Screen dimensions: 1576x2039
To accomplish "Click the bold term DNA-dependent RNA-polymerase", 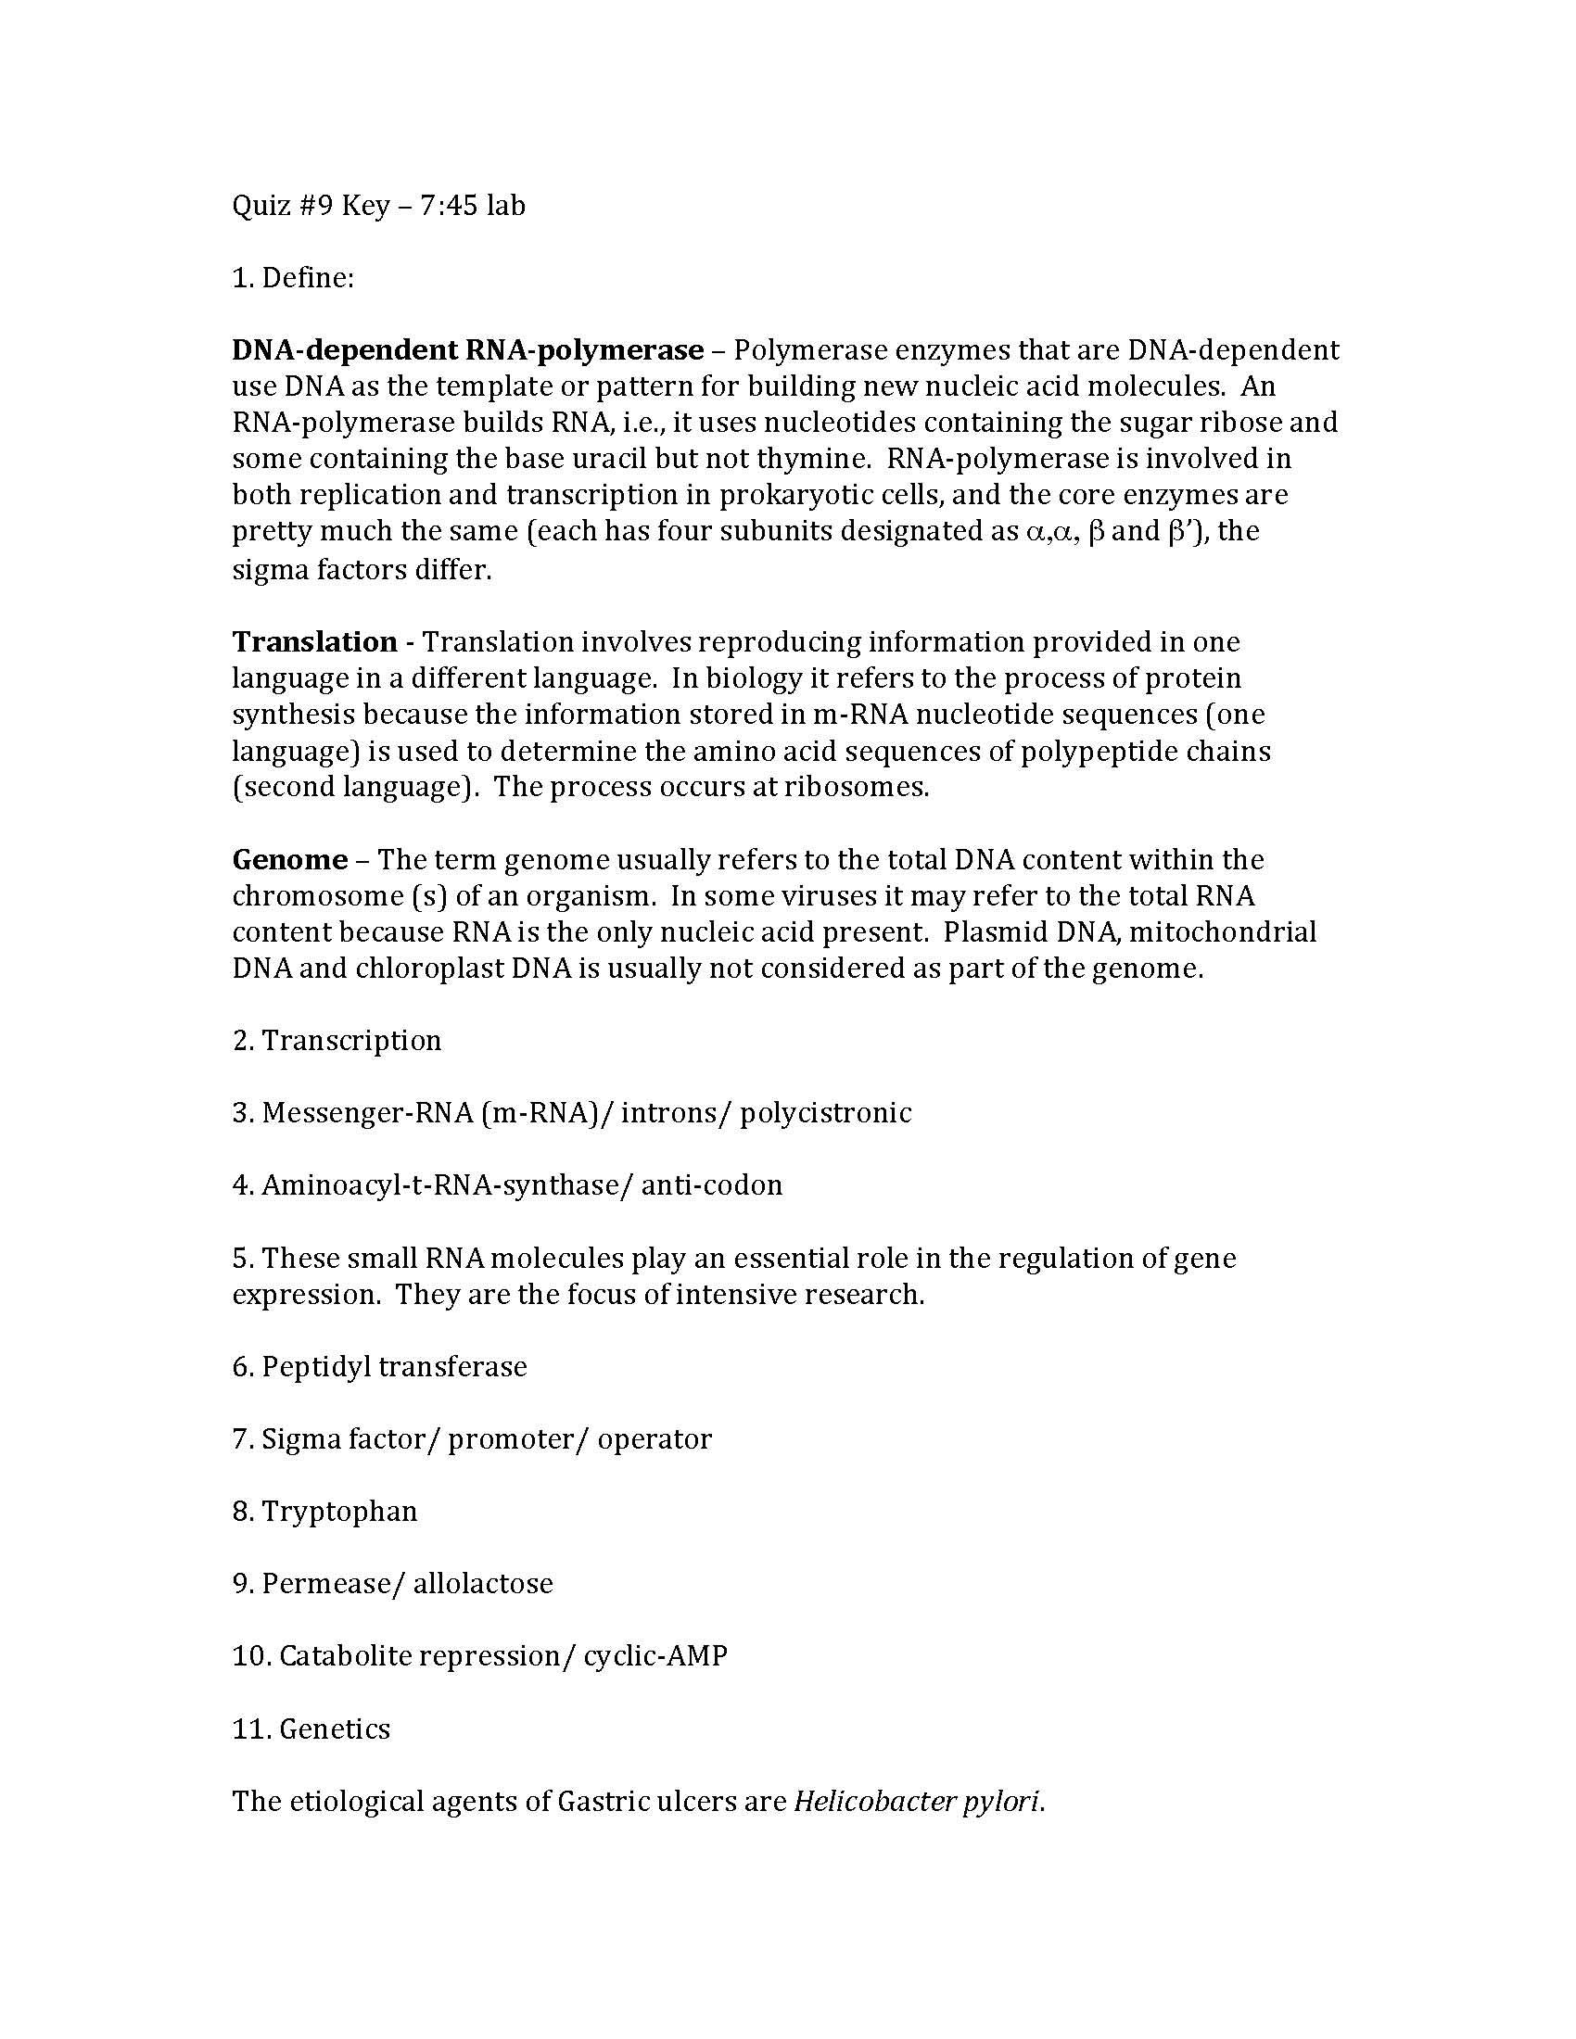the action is (x=468, y=349).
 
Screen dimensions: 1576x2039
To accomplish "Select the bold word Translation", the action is (x=314, y=641).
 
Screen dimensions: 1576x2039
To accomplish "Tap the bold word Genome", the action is (x=289, y=859).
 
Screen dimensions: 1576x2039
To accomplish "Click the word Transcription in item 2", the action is (x=351, y=1040).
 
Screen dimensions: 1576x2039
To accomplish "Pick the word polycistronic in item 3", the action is (x=825, y=1113).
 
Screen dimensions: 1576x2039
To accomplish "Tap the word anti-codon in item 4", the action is (x=711, y=1185).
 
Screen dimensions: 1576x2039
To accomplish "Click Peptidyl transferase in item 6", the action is (x=394, y=1367).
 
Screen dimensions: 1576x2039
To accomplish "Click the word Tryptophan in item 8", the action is (x=339, y=1512).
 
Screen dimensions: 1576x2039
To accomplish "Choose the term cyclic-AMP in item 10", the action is (x=655, y=1656).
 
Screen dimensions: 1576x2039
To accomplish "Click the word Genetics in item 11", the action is (x=335, y=1729).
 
